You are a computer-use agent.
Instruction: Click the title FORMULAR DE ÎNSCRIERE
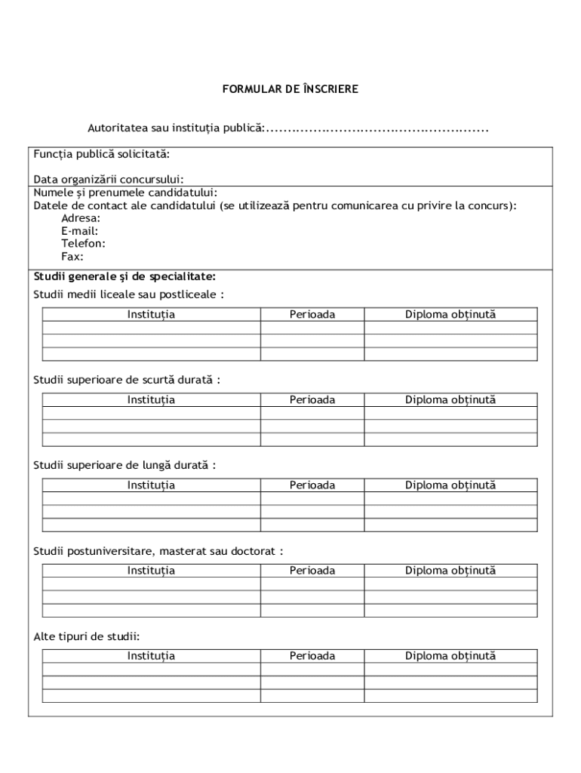tap(290, 89)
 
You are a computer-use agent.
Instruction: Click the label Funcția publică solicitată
tap(101, 154)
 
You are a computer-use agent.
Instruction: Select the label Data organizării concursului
tap(109, 179)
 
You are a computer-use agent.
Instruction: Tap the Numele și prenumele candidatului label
tap(125, 192)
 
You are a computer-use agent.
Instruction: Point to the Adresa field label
tap(81, 218)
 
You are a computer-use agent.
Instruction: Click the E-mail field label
tap(79, 231)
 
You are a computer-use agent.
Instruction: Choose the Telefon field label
tap(83, 243)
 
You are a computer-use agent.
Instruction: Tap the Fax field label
tap(72, 256)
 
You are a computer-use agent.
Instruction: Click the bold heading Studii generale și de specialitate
tap(124, 276)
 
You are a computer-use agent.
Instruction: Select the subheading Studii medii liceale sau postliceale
tap(128, 294)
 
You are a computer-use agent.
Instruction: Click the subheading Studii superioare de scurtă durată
tap(127, 380)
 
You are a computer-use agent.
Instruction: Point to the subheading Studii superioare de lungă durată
tap(124, 465)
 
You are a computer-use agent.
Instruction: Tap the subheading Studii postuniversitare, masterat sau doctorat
tap(158, 551)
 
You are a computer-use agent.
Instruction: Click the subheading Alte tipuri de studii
tap(87, 636)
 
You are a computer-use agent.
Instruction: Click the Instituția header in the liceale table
tap(151, 314)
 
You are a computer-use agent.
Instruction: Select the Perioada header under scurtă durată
tap(312, 400)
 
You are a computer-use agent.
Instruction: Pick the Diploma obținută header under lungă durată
tap(450, 485)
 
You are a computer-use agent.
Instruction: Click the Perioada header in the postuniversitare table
tap(312, 571)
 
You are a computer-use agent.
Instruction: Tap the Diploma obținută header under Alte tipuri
tap(450, 656)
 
